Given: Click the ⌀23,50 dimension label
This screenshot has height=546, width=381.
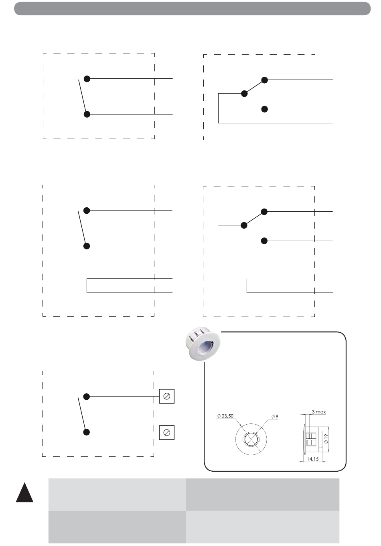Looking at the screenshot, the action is (x=225, y=416).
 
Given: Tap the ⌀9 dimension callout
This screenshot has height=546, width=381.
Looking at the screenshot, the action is (x=275, y=417).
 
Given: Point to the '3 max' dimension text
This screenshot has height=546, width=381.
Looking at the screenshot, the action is (x=319, y=412).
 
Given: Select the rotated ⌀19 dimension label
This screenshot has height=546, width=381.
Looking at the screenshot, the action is (x=326, y=439).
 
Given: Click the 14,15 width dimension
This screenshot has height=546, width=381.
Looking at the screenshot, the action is (x=313, y=459).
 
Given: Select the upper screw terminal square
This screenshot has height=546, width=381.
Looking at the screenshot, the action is (x=167, y=396).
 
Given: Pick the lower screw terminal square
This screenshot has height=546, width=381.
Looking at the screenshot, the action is (x=167, y=433).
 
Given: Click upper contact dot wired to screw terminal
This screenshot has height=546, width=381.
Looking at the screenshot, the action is (x=86, y=397).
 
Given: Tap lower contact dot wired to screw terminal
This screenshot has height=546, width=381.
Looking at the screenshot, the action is (x=86, y=432).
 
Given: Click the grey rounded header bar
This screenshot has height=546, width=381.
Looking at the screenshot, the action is (x=192, y=8).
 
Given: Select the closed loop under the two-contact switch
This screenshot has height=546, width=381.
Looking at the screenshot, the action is (x=87, y=285).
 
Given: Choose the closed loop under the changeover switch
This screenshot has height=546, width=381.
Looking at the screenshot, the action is (x=247, y=285).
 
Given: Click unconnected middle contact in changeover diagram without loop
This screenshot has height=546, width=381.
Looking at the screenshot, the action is (x=264, y=109).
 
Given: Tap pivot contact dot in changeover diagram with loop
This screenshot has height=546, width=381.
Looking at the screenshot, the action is (x=244, y=225).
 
